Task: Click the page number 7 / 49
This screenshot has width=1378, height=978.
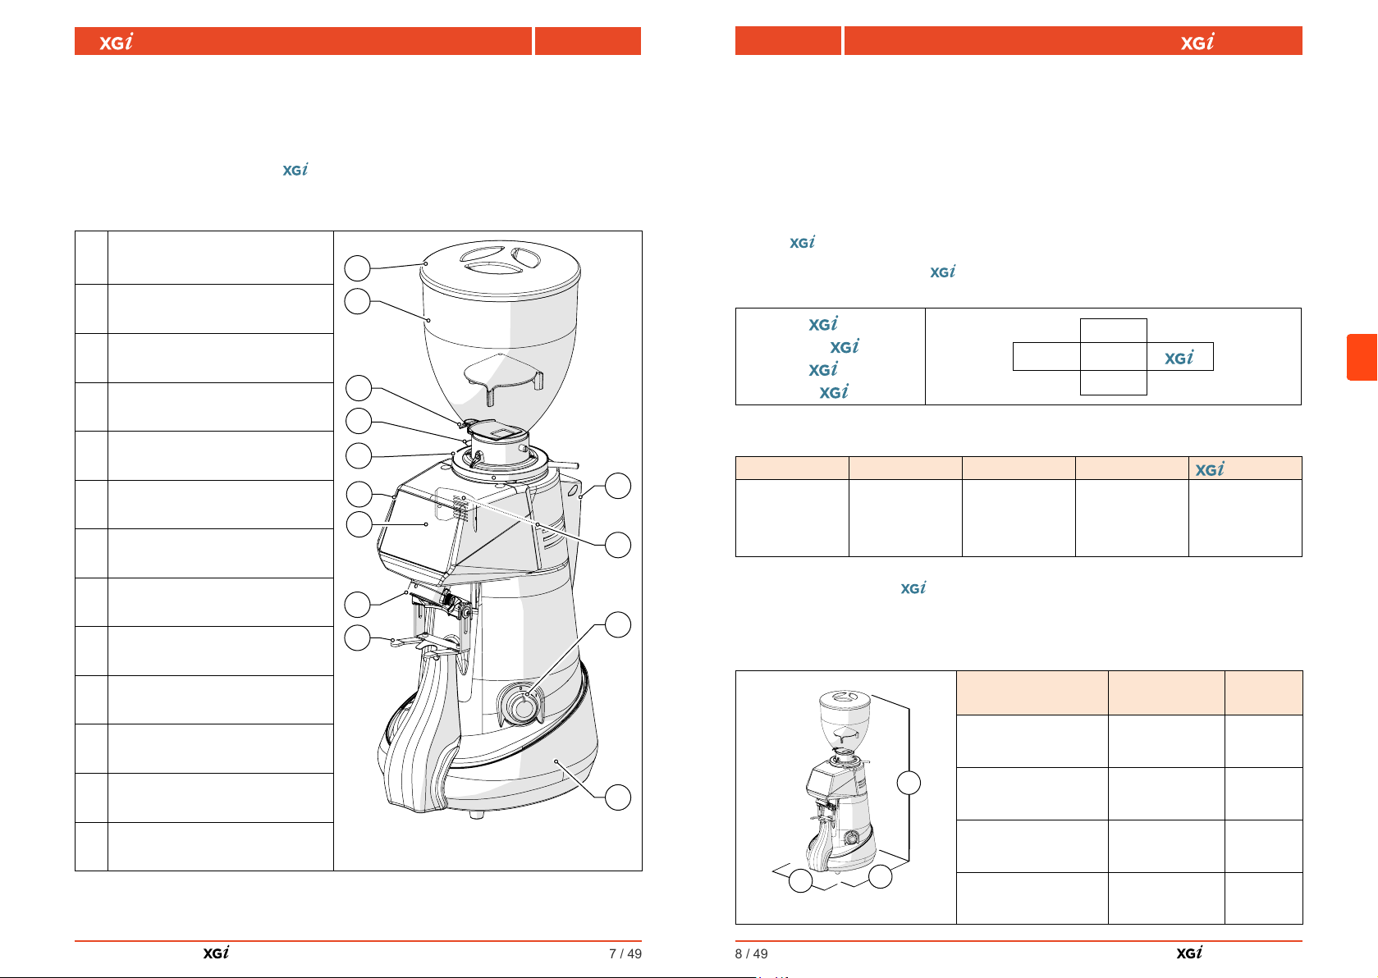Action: [625, 953]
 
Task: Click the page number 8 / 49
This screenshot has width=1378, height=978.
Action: [751, 953]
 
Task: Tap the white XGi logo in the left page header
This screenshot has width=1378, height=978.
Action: [116, 41]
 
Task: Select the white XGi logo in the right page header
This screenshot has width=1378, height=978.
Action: [1197, 41]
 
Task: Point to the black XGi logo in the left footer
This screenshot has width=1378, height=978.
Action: [216, 953]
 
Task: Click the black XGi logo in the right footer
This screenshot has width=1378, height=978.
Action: [1189, 953]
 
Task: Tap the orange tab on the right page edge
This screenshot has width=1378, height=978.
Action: [1362, 357]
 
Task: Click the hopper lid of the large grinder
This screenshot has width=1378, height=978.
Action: [500, 269]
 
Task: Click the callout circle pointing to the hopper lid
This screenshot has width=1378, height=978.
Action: [357, 268]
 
